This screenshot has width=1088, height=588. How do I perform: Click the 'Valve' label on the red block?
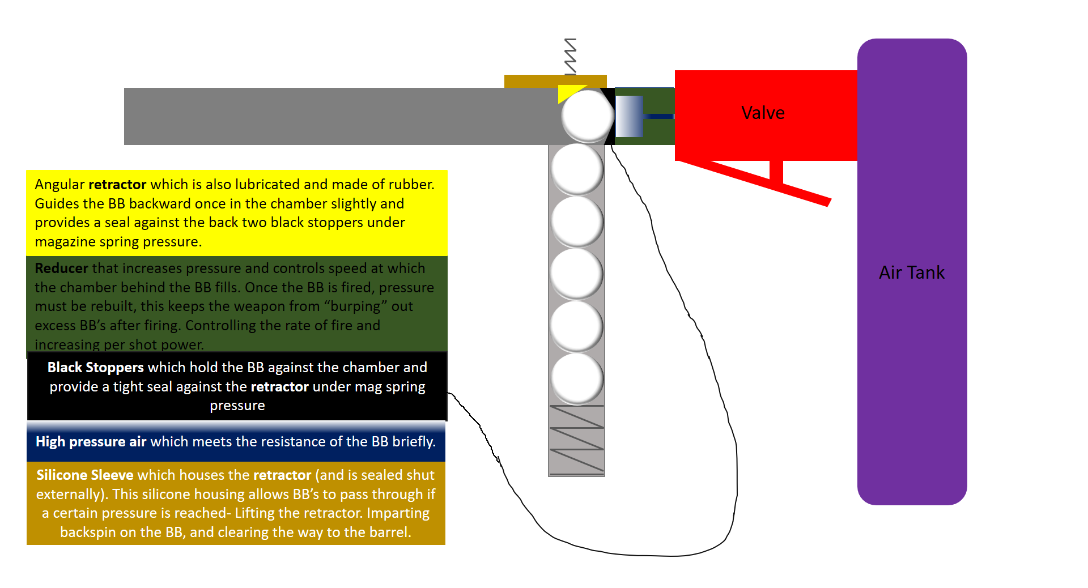(763, 113)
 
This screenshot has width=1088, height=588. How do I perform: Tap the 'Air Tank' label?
(911, 272)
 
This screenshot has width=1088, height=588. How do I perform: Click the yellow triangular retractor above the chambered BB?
(568, 92)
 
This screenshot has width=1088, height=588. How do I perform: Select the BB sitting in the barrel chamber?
(588, 116)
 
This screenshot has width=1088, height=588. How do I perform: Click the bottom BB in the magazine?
(577, 378)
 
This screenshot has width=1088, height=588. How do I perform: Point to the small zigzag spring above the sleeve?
(571, 56)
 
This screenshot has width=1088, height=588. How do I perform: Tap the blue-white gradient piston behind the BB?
(629, 116)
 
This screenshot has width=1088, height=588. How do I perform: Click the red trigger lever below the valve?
(754, 180)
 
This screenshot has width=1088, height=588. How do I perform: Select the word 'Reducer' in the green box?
(61, 268)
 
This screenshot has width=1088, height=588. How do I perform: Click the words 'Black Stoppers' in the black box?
(95, 367)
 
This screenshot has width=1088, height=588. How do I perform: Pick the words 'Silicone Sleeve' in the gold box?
(84, 475)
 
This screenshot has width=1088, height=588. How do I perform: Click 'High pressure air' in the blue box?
(91, 441)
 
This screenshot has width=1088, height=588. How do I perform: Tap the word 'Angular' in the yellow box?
(59, 185)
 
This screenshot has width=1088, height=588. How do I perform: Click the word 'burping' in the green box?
(355, 306)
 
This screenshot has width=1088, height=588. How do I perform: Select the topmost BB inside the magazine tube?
(577, 169)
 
